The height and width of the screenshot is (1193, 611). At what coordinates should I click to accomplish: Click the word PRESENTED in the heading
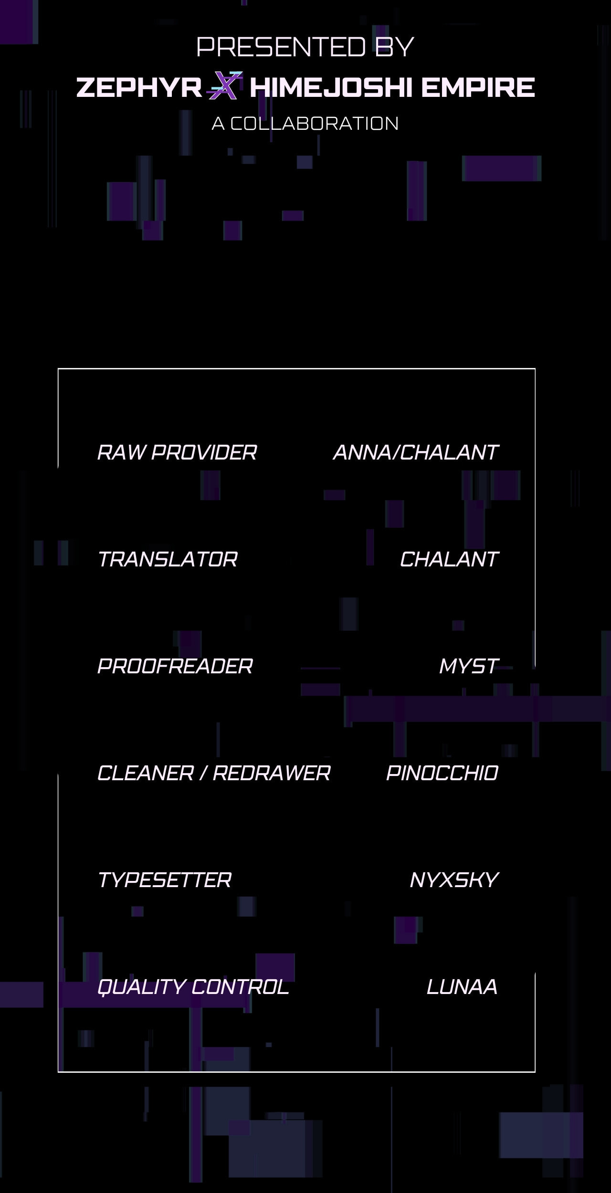[x=281, y=47]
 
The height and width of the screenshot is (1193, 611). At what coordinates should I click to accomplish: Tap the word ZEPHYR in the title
[x=139, y=87]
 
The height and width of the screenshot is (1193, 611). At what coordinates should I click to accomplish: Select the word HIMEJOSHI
[x=330, y=87]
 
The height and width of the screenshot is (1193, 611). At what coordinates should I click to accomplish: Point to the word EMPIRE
[x=478, y=87]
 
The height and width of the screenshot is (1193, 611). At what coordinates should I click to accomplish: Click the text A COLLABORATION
[x=305, y=124]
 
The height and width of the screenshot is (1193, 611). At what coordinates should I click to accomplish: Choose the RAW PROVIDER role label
[x=177, y=452]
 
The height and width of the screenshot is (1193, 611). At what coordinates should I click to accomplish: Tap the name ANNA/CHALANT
[x=416, y=452]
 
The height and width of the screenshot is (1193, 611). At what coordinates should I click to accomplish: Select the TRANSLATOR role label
[x=168, y=559]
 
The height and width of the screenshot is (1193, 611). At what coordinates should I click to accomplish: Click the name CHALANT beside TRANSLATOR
[x=449, y=559]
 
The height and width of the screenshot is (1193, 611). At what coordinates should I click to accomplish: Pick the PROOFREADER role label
[x=175, y=666]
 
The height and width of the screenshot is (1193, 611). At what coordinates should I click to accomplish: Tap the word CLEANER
[x=146, y=773]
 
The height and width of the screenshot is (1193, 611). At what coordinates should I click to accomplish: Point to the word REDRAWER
[x=272, y=773]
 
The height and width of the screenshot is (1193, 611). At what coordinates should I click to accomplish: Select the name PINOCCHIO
[x=442, y=773]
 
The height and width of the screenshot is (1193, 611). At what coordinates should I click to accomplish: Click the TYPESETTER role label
[x=165, y=880]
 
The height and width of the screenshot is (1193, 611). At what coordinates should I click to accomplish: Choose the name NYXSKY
[x=454, y=880]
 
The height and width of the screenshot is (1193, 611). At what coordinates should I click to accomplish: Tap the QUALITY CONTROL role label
[x=193, y=987]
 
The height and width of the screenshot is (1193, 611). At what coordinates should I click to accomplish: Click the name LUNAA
[x=462, y=987]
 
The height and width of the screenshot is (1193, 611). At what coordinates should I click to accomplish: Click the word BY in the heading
[x=394, y=47]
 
